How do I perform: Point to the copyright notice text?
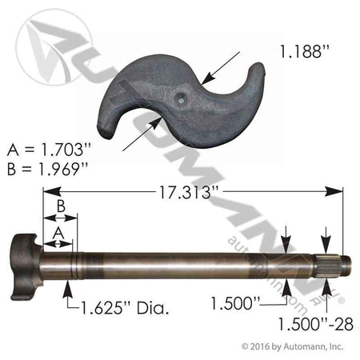[292, 346]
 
